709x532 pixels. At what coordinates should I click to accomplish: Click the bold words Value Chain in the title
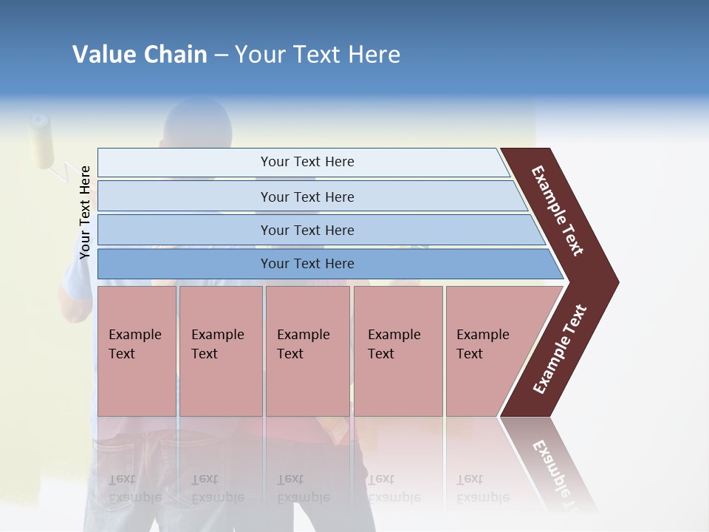[140, 55]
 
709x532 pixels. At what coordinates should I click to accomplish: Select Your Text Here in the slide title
[318, 55]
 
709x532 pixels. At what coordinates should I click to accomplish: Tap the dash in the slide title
[221, 55]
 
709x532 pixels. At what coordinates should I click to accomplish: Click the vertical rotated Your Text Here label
[85, 212]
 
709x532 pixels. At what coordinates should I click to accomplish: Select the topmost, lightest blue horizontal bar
[303, 163]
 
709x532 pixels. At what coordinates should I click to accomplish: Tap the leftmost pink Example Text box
[137, 351]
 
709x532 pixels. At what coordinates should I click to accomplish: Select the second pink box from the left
[220, 351]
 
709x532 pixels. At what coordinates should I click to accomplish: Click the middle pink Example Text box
[307, 351]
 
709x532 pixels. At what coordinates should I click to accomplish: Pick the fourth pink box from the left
[398, 351]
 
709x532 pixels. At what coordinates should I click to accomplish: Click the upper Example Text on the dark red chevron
[558, 211]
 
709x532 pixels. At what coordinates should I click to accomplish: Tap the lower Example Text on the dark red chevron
[560, 349]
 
